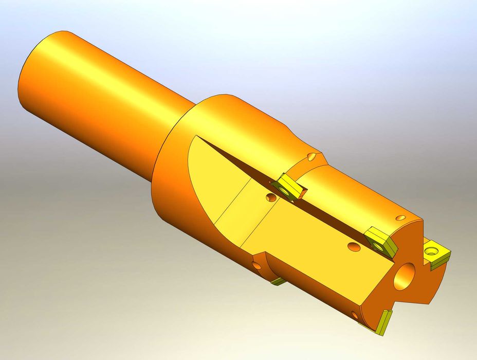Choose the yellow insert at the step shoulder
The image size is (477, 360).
point(289,188)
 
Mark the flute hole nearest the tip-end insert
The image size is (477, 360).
point(353,247)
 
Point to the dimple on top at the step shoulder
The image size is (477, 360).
point(312,156)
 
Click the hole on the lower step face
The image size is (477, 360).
point(255,265)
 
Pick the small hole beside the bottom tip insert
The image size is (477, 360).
point(354,315)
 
